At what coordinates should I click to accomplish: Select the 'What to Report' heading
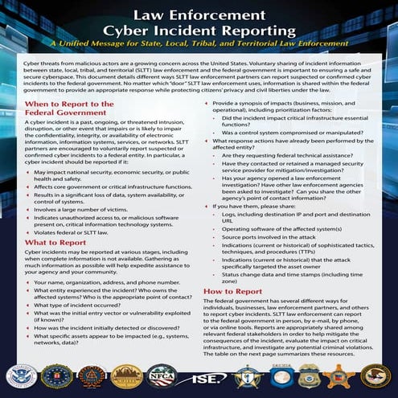pyautogui.click(x=57, y=242)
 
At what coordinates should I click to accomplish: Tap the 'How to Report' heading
pyautogui.click(x=232, y=291)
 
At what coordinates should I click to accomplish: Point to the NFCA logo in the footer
pyautogui.click(x=162, y=375)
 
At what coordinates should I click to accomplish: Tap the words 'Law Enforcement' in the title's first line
pyautogui.click(x=199, y=14)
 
